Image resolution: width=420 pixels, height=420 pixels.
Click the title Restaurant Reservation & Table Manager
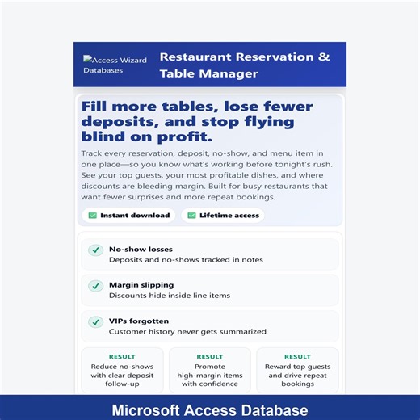click(x=245, y=65)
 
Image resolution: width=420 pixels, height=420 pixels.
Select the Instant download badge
click(x=129, y=216)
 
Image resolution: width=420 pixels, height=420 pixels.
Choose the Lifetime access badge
click(x=223, y=216)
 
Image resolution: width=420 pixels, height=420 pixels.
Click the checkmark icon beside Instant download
click(x=92, y=216)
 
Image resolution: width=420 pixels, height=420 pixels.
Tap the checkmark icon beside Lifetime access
click(x=191, y=216)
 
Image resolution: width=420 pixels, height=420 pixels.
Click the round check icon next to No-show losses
click(x=95, y=250)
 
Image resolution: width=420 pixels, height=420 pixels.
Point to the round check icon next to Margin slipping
click(x=95, y=286)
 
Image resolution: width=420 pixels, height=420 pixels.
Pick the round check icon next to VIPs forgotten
click(x=95, y=321)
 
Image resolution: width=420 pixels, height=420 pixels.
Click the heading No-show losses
click(x=141, y=250)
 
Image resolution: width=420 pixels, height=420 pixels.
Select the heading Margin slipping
click(x=141, y=285)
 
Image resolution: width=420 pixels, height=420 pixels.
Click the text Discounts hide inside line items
click(x=170, y=296)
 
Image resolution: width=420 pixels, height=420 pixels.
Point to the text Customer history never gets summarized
click(x=187, y=331)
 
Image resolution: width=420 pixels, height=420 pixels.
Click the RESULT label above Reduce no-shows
click(x=122, y=356)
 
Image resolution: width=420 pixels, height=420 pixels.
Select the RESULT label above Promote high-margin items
click(x=210, y=356)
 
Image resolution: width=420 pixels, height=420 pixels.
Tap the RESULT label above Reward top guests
click(x=297, y=356)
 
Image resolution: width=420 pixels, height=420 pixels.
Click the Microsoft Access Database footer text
click(x=210, y=410)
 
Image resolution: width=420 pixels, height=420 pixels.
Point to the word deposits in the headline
click(x=117, y=122)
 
